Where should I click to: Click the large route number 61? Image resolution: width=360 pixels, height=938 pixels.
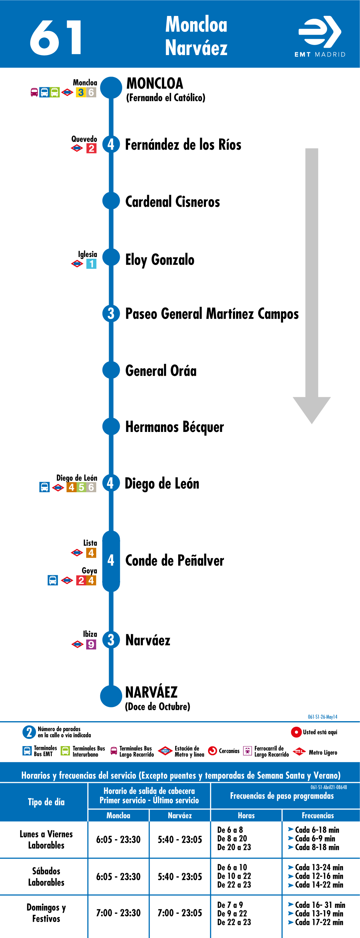[55, 37]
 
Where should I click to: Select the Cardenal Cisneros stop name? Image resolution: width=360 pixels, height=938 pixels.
[172, 202]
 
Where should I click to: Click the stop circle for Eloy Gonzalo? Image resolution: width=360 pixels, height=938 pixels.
[111, 257]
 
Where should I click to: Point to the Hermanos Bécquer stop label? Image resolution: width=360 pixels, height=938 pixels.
[174, 427]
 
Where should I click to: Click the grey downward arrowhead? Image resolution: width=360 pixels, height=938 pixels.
[312, 410]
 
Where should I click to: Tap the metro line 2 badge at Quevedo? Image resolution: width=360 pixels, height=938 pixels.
[91, 148]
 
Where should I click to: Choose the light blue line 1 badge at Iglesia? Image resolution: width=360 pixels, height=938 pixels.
[91, 264]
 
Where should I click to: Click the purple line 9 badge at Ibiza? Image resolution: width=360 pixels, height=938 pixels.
[91, 645]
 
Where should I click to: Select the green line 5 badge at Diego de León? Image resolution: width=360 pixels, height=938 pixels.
[82, 487]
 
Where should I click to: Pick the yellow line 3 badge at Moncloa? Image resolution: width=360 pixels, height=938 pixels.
[81, 92]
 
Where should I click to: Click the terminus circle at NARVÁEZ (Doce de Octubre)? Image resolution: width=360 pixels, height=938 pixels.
[111, 696]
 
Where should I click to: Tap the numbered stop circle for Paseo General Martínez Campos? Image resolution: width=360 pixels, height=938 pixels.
[111, 313]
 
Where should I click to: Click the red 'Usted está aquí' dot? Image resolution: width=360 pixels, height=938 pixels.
[296, 732]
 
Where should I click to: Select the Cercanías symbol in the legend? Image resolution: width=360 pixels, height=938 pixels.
[212, 751]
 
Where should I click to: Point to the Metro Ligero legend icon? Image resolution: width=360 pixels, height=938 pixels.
[299, 752]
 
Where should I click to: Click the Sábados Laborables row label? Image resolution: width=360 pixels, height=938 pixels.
[46, 876]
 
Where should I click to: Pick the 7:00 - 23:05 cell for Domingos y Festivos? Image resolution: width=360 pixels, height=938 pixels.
[180, 913]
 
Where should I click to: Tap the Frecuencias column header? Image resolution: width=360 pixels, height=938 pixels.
[318, 815]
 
